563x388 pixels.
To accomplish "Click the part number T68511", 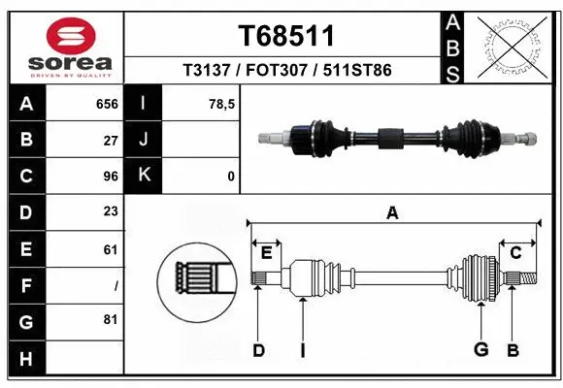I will pos(286,36).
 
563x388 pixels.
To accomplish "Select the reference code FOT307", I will pos(286,71).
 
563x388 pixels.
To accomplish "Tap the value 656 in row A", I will pos(106,102).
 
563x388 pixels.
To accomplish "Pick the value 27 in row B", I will pos(110,139).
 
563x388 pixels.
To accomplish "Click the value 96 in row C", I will pos(110,176).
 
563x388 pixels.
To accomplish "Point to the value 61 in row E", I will pos(110,249).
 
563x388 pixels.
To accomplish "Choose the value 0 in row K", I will pos(230,176).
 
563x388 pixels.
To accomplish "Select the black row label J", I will pos(144,139).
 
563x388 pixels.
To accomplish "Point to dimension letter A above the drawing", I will pos(392,212).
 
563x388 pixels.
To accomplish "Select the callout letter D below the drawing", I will pos(258,350).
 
